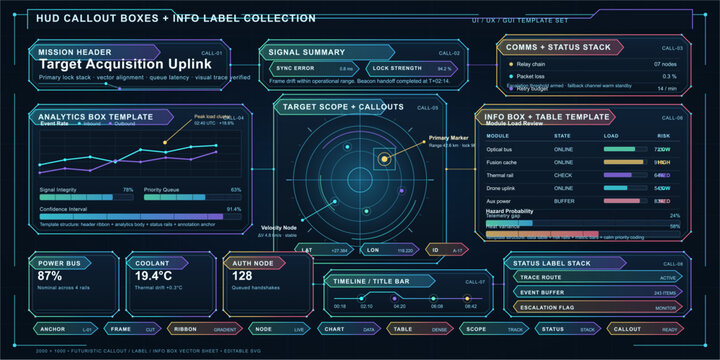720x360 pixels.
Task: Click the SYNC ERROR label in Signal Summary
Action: pyautogui.click(x=294, y=68)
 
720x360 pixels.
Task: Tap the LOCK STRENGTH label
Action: pyautogui.click(x=377, y=68)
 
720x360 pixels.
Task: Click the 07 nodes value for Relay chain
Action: pyautogui.click(x=663, y=63)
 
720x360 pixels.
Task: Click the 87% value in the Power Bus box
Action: pyautogui.click(x=49, y=276)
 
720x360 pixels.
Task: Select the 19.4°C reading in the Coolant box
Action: pyautogui.click(x=154, y=276)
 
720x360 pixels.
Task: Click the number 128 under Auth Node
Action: pyautogui.click(x=242, y=276)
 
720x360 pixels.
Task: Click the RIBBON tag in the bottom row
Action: pyautogui.click(x=185, y=328)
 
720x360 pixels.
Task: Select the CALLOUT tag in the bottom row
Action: pyautogui.click(x=627, y=328)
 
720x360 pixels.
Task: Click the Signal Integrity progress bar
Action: pyautogui.click(x=85, y=198)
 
